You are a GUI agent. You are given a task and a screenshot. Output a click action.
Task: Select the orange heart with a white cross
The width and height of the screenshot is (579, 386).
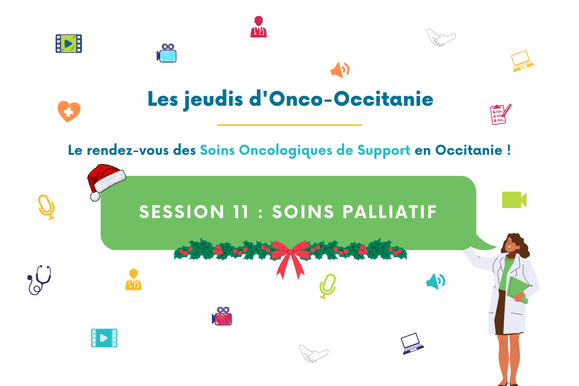click(x=69, y=111)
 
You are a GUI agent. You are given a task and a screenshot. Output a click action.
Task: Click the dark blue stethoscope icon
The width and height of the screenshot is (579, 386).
click(x=39, y=280)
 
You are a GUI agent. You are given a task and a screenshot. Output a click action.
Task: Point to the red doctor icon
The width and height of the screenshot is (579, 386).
click(x=259, y=27)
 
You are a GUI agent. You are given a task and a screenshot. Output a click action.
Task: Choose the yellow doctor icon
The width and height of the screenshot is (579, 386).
click(x=134, y=280)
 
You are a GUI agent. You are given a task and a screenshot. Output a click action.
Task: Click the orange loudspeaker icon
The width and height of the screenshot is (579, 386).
click(x=340, y=70)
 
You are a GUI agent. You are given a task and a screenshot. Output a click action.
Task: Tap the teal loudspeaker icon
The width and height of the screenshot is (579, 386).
click(x=435, y=281)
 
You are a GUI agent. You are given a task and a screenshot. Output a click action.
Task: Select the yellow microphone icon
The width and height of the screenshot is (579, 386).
click(x=47, y=207)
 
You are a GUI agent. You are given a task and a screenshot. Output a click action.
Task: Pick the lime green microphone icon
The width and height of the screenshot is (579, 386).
click(x=328, y=286)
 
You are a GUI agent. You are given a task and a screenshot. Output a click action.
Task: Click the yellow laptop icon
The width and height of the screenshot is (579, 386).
click(x=522, y=61)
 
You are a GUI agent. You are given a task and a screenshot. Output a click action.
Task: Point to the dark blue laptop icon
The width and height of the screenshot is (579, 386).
click(x=412, y=344)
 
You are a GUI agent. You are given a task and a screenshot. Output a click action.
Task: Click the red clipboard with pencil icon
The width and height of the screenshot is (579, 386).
click(x=501, y=114)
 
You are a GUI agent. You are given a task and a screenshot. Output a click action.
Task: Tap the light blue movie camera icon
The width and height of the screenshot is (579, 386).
click(x=167, y=53)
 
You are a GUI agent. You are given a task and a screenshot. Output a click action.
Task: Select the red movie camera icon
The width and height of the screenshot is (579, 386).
click(x=222, y=316)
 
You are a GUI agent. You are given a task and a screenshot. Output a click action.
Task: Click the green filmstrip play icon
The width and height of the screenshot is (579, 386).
click(x=69, y=44)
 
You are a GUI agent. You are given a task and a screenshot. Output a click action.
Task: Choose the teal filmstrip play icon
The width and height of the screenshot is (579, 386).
click(x=104, y=338)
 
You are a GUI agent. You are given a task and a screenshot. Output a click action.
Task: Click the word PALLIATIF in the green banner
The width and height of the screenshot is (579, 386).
click(x=389, y=212)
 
